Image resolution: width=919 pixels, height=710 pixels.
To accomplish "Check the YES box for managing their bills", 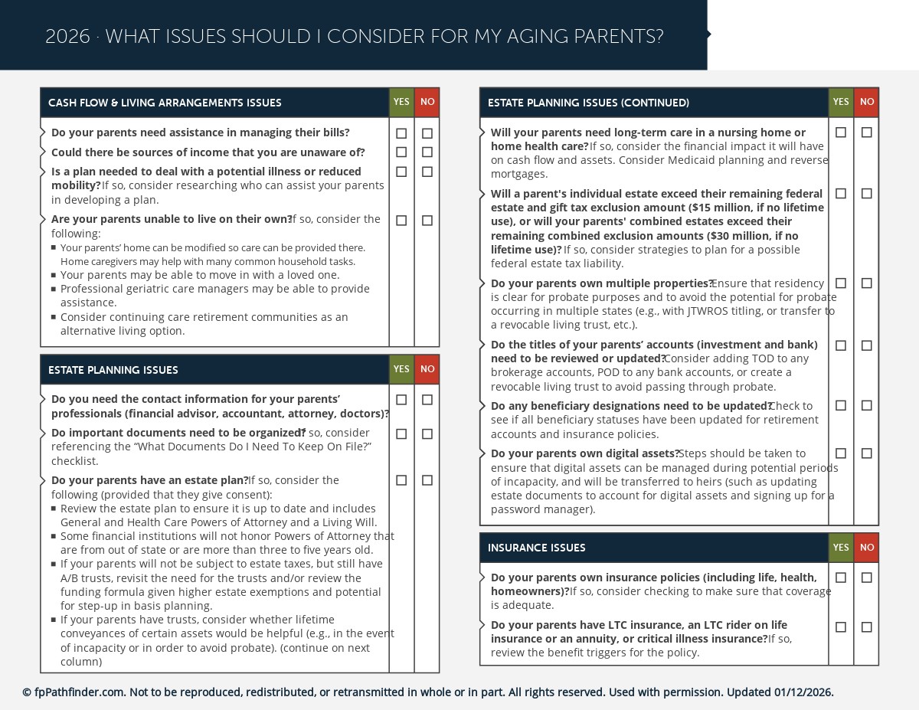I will point(401,133).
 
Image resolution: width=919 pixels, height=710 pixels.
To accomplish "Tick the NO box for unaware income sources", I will point(427,152).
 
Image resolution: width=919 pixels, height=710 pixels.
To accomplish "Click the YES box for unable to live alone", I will point(401,221).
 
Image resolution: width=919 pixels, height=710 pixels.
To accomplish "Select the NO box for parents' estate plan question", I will point(427,480).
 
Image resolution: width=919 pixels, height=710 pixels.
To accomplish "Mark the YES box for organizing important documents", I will point(401,434).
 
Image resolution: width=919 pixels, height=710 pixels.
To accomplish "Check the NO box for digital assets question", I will point(866,453).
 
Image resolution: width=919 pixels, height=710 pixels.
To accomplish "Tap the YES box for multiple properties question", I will point(841,283).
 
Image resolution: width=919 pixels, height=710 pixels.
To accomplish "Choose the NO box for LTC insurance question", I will point(866,627).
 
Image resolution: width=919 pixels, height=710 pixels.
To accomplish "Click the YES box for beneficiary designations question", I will point(841,405).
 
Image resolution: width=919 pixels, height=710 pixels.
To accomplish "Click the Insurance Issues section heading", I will point(537,548).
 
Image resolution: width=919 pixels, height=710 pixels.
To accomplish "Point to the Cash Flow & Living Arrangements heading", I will point(165,103).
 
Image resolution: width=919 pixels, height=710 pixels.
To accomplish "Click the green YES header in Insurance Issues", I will point(841,548).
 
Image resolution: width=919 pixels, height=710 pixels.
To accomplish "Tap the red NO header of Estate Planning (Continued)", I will point(866,102).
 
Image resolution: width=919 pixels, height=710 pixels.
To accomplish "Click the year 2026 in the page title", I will point(67,37).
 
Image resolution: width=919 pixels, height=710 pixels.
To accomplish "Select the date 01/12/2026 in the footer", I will point(803,692).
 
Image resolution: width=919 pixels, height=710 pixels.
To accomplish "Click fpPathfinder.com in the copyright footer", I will point(79,692).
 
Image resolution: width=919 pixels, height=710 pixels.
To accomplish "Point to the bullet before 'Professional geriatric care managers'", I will point(54,289).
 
